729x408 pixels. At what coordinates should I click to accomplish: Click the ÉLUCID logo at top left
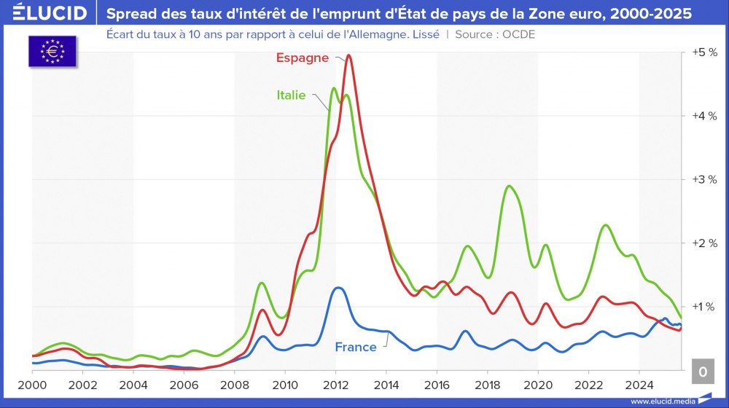click(x=50, y=13)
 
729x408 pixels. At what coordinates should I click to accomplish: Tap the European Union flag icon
click(x=52, y=51)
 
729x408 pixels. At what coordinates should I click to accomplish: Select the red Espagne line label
click(x=302, y=58)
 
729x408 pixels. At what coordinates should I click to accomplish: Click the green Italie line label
click(x=291, y=95)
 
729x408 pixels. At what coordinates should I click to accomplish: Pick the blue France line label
click(x=356, y=347)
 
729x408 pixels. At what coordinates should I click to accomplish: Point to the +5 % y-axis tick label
click(x=703, y=52)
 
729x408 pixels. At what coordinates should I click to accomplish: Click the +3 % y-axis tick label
click(x=703, y=179)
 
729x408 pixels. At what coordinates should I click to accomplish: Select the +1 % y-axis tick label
click(x=703, y=306)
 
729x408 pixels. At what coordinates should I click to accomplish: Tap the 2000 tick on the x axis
click(x=32, y=384)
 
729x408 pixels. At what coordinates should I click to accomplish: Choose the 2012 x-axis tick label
click(x=335, y=384)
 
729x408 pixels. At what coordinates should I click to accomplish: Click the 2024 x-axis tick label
click(x=639, y=384)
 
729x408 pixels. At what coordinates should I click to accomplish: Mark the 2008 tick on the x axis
click(x=235, y=384)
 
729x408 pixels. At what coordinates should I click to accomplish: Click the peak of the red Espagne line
click(x=348, y=55)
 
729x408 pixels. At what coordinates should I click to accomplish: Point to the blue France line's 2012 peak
click(x=337, y=288)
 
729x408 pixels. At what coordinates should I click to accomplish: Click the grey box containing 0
click(x=702, y=372)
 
